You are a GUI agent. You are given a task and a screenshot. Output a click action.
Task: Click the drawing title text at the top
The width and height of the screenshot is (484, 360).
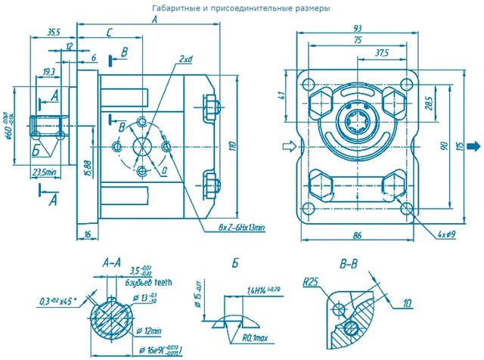click(241, 8)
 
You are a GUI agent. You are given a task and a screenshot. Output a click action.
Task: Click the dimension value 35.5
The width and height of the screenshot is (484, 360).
click(54, 33)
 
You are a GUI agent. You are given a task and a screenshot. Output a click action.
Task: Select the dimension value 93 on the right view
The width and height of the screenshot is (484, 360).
click(357, 29)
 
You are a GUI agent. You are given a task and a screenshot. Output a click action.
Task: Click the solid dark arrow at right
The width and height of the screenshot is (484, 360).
click(474, 146)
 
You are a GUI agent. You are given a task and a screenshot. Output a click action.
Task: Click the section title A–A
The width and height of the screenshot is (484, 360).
click(110, 262)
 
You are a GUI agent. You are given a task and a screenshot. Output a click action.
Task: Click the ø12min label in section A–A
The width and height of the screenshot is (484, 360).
click(151, 331)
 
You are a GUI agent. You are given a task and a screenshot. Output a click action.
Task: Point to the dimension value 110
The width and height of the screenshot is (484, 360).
click(234, 146)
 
